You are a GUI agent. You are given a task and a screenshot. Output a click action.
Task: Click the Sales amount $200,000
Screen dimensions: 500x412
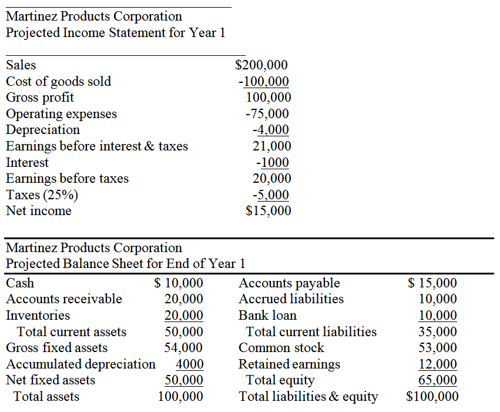261,65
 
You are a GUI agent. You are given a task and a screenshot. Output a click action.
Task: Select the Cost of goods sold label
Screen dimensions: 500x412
58,82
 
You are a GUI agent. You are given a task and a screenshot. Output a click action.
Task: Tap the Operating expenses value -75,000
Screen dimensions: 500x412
267,114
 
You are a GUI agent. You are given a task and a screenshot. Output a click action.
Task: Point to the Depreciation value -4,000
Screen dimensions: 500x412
271,130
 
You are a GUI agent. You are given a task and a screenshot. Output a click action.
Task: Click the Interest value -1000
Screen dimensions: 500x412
273,163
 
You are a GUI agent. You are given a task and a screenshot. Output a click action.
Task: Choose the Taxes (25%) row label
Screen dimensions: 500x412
42,195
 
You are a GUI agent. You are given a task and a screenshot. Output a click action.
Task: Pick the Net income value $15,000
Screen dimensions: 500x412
268,211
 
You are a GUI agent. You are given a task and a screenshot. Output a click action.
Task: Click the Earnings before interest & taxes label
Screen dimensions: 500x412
97,146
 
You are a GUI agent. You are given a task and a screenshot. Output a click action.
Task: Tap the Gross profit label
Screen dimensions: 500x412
40,98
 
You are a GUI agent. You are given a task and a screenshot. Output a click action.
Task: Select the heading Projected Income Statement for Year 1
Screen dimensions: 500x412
115,33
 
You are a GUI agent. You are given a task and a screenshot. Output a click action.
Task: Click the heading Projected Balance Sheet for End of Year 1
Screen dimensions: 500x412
126,264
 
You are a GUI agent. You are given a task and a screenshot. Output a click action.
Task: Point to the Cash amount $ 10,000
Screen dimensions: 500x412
178,283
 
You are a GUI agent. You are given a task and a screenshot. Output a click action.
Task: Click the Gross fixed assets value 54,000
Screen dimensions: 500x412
183,347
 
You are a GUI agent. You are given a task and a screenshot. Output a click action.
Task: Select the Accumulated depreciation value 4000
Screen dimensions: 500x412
189,364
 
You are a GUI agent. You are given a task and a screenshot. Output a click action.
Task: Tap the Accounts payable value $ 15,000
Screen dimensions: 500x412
432,283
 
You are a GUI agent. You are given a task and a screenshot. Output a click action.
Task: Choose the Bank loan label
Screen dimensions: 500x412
267,316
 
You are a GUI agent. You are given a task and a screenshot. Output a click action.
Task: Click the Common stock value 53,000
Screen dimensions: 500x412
438,347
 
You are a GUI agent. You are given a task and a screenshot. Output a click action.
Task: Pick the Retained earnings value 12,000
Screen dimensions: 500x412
438,364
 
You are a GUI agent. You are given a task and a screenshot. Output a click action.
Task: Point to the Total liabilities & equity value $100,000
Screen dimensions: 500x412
432,396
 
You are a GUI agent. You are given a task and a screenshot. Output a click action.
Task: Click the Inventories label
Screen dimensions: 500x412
38,316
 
